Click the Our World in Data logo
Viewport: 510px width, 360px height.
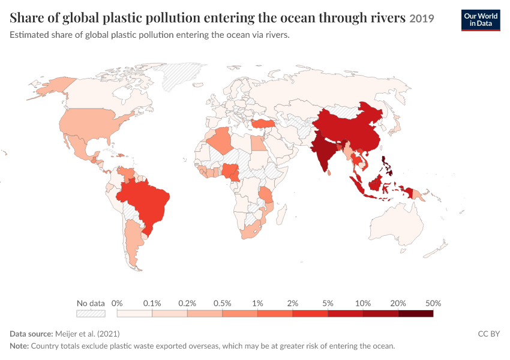pos(481,20)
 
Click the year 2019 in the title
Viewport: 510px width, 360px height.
pos(422,19)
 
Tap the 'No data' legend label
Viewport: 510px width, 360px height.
pos(91,304)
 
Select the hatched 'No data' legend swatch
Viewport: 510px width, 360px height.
pos(91,313)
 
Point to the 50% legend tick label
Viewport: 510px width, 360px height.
pos(433,304)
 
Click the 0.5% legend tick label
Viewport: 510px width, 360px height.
pos(223,304)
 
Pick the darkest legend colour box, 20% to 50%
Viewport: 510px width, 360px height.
pos(416,313)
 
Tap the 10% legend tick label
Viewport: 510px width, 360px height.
pos(363,304)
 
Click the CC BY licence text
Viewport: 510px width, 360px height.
pos(489,334)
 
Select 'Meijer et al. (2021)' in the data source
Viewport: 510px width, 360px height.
pos(88,334)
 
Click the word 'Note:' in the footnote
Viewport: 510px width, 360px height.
pos(19,346)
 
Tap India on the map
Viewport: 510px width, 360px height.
pos(323,151)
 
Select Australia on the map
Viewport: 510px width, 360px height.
pos(396,225)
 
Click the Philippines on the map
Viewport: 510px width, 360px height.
pos(388,165)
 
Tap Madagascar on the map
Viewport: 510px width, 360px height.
pos(281,215)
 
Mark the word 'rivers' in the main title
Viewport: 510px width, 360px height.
pos(388,17)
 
